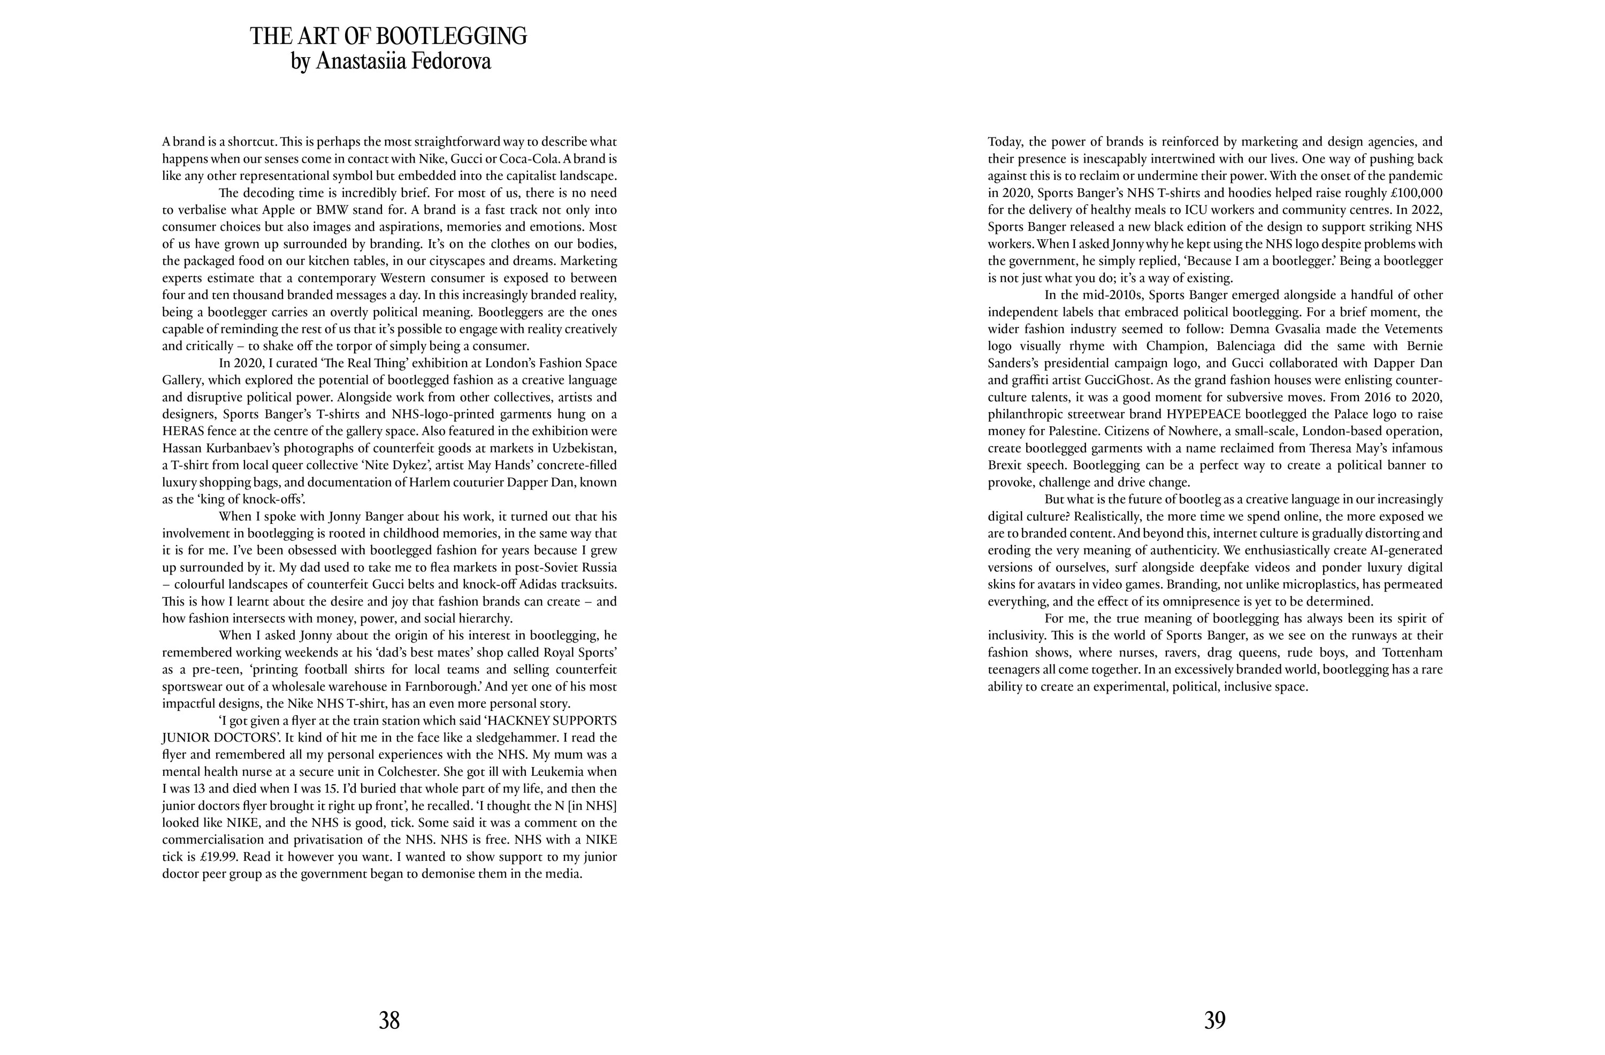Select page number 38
(389, 1021)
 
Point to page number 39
(1214, 1021)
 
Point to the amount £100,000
(1416, 192)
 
